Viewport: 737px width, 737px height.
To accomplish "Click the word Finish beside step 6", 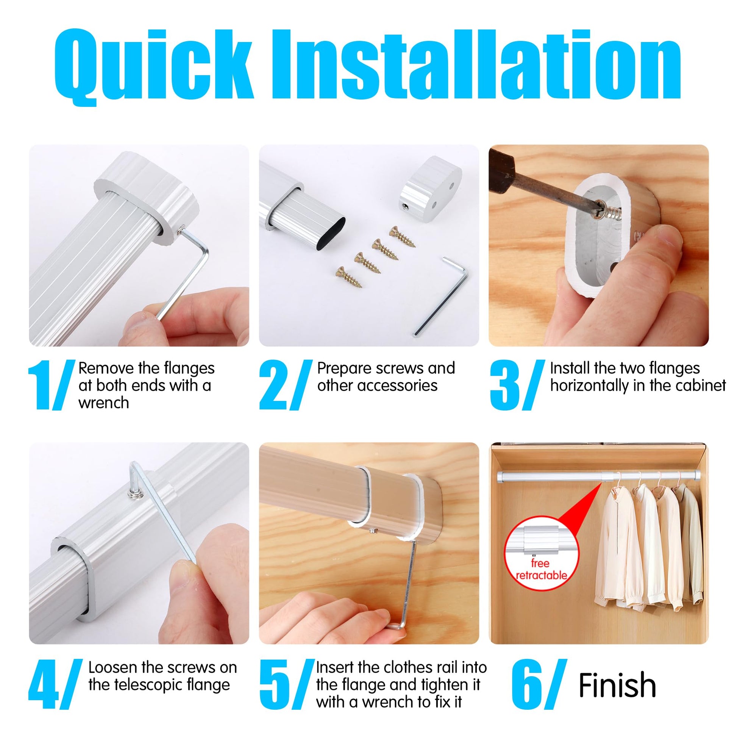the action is tap(617, 685).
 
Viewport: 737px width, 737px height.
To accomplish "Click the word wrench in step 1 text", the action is tap(104, 403).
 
